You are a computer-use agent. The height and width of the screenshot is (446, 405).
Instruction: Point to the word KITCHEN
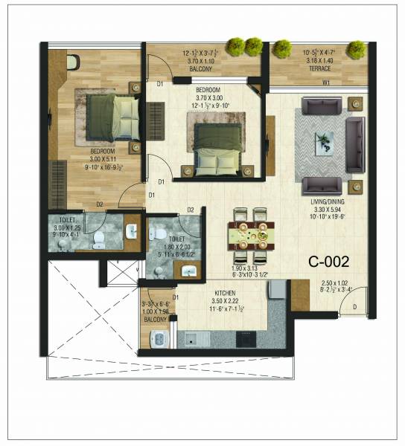(x=224, y=292)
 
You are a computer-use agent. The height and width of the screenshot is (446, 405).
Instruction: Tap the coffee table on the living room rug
(x=325, y=142)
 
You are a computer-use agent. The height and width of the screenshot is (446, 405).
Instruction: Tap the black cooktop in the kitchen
(x=247, y=339)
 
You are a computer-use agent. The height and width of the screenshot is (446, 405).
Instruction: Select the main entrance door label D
(x=355, y=306)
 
